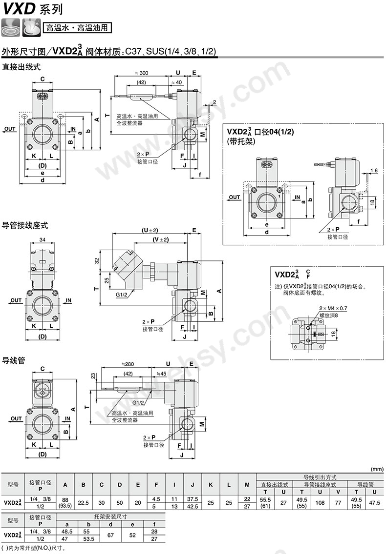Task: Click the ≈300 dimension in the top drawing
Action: click(142, 73)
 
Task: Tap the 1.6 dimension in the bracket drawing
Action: click(374, 171)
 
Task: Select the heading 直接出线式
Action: click(21, 67)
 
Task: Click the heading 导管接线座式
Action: click(25, 225)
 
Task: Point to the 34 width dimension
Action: click(43, 239)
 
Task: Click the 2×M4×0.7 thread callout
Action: click(333, 308)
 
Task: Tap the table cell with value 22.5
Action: click(83, 503)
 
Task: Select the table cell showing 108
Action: click(320, 503)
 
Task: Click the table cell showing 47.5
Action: click(374, 503)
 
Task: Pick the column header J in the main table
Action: click(193, 485)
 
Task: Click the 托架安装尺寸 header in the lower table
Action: click(110, 516)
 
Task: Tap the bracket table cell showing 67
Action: click(110, 535)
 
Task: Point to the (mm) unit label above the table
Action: click(377, 469)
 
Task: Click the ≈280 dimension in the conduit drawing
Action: click(128, 364)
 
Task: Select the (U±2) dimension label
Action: click(150, 230)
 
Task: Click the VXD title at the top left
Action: click(19, 8)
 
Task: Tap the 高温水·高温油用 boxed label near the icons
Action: click(77, 28)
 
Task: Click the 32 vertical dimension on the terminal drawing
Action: click(97, 261)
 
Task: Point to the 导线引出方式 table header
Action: click(320, 477)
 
